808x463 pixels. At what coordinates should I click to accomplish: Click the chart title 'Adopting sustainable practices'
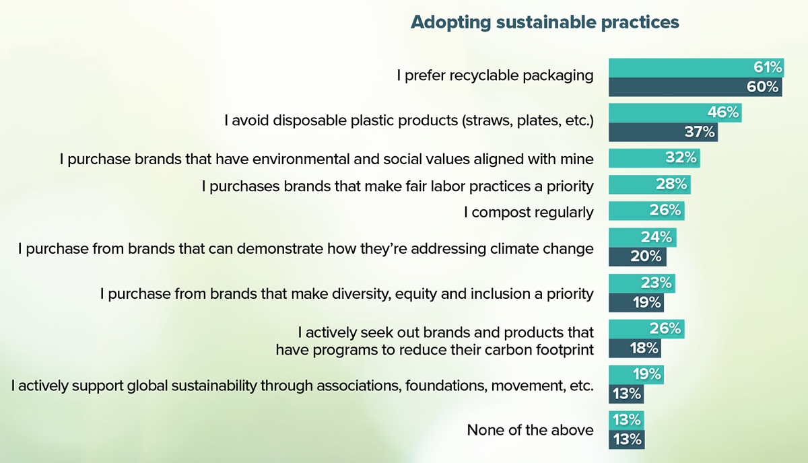[545, 22]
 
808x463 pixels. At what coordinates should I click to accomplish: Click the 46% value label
[722, 112]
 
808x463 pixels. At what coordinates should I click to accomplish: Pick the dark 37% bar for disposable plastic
[663, 132]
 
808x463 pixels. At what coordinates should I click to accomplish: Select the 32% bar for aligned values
[654, 158]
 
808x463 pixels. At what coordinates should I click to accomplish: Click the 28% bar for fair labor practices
[649, 185]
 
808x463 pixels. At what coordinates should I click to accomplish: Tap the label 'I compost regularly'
[529, 213]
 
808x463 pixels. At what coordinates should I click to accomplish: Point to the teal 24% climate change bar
[642, 237]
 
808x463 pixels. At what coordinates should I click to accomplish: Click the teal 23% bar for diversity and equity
[642, 283]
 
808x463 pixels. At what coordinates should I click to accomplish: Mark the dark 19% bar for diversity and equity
[636, 303]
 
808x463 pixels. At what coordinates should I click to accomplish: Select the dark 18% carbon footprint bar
[634, 349]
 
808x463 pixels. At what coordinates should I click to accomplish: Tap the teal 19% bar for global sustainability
[636, 374]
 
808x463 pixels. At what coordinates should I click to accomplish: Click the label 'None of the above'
[530, 430]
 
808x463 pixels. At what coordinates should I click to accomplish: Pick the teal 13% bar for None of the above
[626, 420]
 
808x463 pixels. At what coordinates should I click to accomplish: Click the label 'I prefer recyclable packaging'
[495, 75]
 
